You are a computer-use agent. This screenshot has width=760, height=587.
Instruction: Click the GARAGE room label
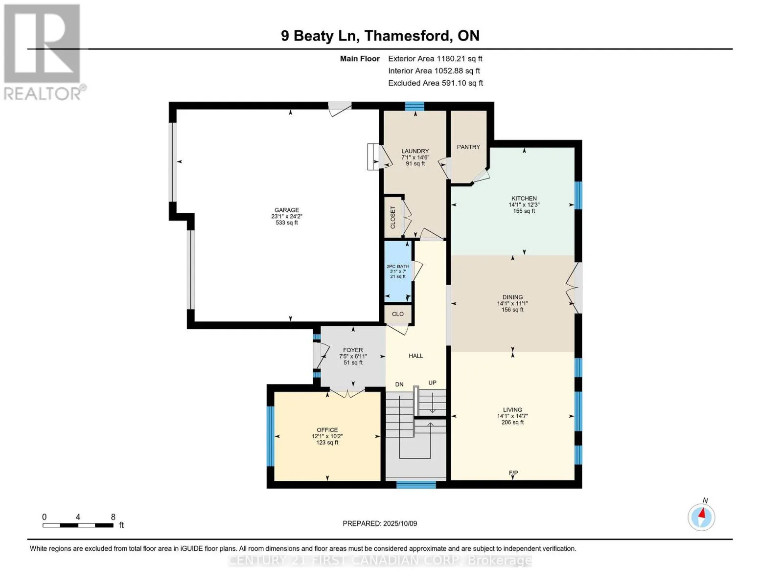pos(286,210)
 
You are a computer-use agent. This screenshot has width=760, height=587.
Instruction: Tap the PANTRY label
pos(468,147)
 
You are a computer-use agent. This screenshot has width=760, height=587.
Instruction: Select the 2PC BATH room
pos(398,271)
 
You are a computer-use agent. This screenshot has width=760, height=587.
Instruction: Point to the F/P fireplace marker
pos(513,473)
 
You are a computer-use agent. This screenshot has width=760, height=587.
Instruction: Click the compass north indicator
pos(701,517)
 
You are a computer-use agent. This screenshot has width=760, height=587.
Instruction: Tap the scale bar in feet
pos(78,525)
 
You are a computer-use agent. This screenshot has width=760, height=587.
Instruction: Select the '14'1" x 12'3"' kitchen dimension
pos(524,205)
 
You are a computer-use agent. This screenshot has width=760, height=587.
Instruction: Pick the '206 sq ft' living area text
pos(512,422)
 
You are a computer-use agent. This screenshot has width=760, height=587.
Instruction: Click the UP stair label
pos(432,383)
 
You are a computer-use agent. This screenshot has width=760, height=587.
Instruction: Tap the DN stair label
pos(399,384)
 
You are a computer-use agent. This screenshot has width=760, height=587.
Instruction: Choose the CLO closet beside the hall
pos(398,314)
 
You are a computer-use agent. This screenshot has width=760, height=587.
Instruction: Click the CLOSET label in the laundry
pos(392,218)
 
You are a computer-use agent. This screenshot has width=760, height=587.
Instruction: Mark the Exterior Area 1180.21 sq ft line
pos(435,59)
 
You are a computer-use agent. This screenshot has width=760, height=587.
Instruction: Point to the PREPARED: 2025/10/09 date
pos(380,523)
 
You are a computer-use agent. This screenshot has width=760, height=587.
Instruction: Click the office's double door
pos(347,393)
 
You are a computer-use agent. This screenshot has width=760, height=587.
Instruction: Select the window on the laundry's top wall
pos(415,106)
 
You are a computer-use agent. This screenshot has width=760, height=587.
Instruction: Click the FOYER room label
pos(353,350)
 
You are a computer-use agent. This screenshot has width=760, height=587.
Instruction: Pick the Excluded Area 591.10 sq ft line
pos(436,83)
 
